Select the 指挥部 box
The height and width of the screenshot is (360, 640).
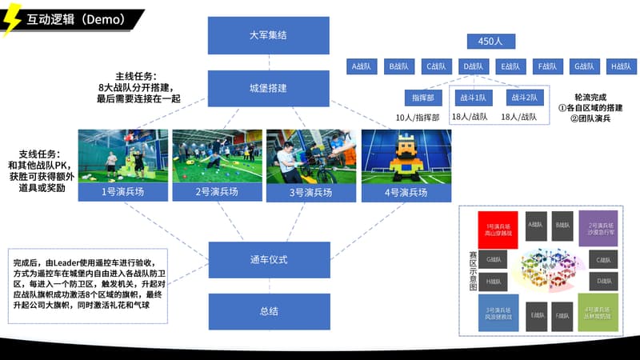[423, 97]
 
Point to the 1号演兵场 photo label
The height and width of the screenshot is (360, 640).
[123, 192]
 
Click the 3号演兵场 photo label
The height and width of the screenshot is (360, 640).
[312, 192]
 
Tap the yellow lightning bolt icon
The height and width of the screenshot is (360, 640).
[12, 22]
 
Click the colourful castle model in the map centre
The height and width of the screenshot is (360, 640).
[548, 272]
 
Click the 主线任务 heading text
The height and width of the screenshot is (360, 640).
[136, 76]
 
